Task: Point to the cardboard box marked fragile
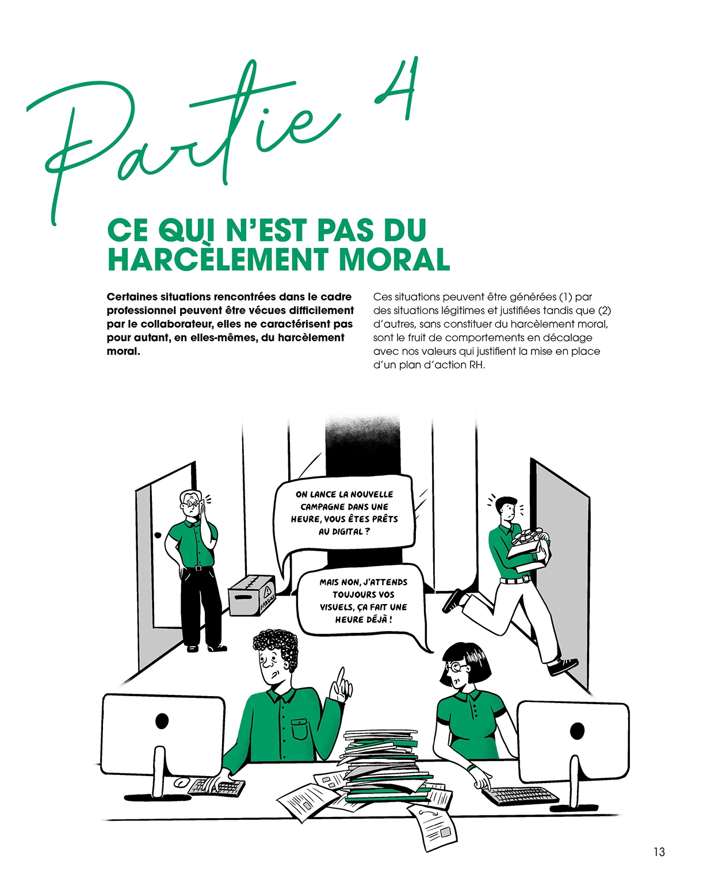pyautogui.click(x=252, y=595)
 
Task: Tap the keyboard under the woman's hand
pyautogui.click(x=520, y=795)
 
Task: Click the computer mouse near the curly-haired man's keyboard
pyautogui.click(x=182, y=782)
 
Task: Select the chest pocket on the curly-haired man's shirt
pyautogui.click(x=299, y=730)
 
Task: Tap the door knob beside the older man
pyautogui.click(x=158, y=535)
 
